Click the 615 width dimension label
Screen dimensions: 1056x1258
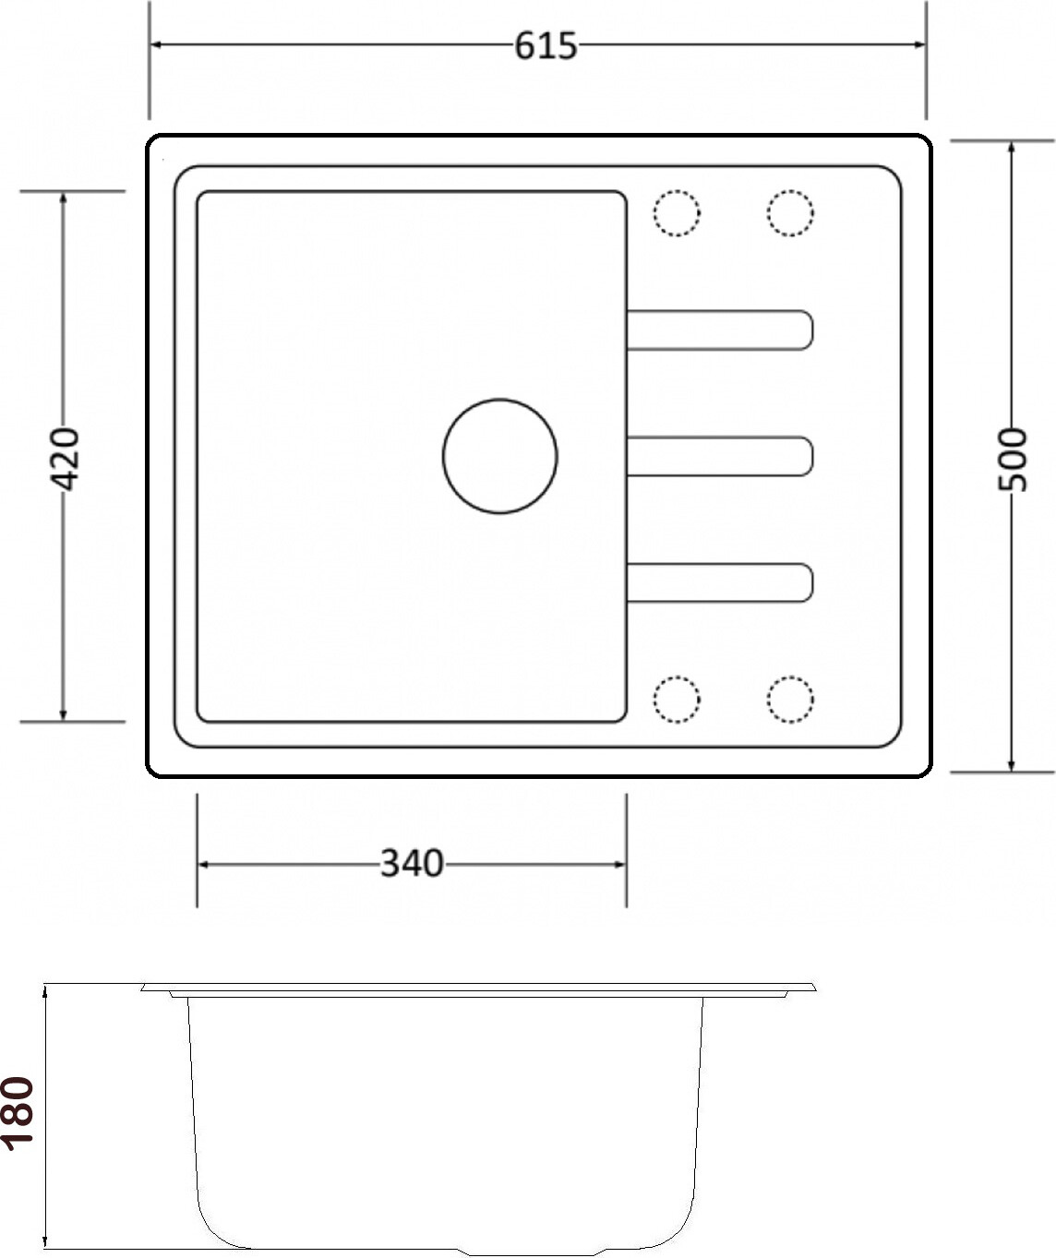click(546, 46)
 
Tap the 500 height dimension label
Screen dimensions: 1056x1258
click(1012, 460)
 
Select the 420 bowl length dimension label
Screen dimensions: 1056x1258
click(64, 459)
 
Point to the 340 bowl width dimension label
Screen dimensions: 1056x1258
click(412, 863)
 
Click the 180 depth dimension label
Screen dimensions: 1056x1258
click(18, 1114)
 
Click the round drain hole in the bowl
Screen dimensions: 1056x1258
click(499, 456)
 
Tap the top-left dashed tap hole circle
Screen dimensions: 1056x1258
click(677, 213)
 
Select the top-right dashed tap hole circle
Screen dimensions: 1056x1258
click(790, 213)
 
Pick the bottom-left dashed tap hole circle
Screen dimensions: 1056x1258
click(677, 700)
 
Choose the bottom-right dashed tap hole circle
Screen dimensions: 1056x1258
click(790, 700)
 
